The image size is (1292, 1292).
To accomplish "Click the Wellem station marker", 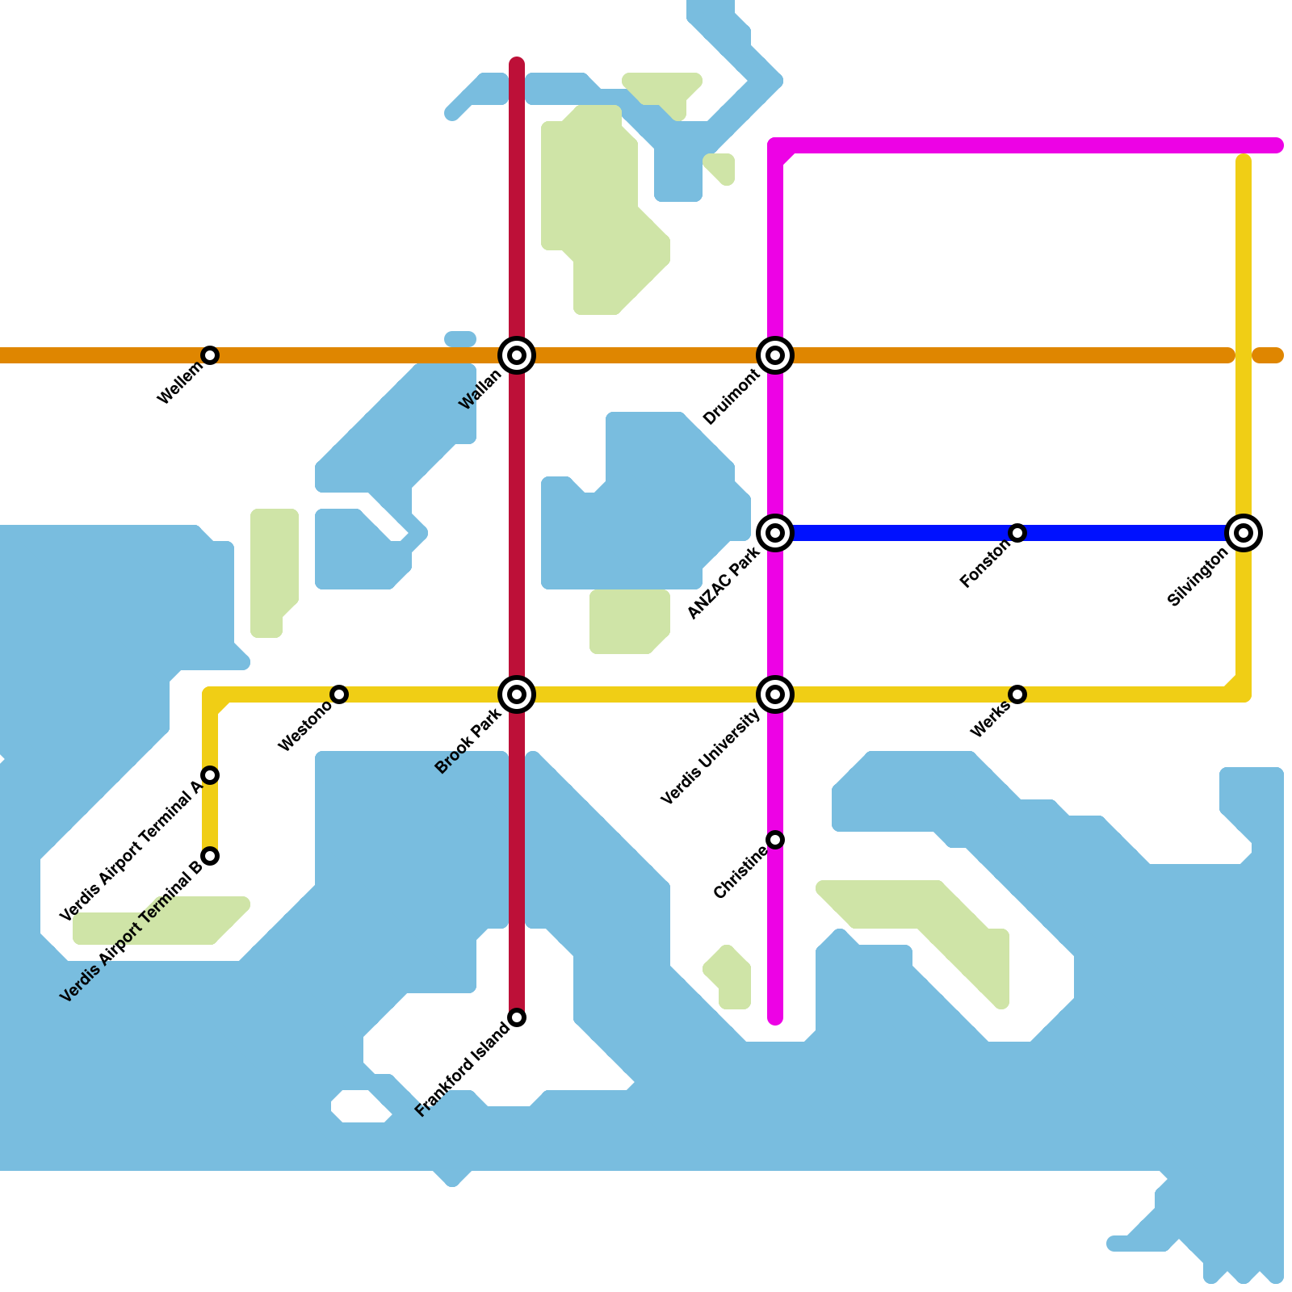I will pos(210,355).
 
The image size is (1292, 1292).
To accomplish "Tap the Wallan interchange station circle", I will pos(517,355).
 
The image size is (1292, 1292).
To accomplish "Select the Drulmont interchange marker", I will pos(775,355).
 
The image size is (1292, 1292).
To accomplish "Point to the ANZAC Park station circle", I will pos(775,533).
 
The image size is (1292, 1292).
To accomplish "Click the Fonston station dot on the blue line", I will pos(1017,533).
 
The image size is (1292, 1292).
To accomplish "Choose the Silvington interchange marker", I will pos(1244,533).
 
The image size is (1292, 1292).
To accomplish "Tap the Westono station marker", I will pos(339,694).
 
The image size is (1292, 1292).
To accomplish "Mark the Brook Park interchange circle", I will pos(517,694).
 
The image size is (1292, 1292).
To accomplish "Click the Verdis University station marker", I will pos(775,694).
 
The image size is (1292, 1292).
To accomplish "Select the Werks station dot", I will pos(1017,694).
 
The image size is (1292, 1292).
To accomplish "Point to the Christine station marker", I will pos(775,840).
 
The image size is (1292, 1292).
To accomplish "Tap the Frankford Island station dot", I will pos(517,1017).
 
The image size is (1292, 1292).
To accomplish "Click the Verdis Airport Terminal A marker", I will pos(210,775).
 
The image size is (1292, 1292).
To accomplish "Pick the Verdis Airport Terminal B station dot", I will pos(210,856).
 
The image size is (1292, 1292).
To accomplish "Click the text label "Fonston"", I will pos(985,564).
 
